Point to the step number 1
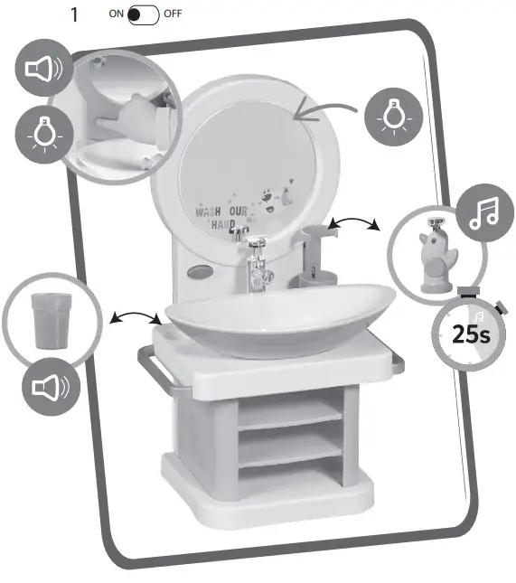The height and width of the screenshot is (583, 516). (x=77, y=15)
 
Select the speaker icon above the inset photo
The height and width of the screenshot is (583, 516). (x=42, y=68)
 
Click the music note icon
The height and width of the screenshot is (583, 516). (x=483, y=214)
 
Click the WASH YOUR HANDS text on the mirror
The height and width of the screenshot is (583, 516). (x=222, y=218)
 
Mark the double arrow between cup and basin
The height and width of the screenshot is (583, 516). (x=136, y=317)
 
